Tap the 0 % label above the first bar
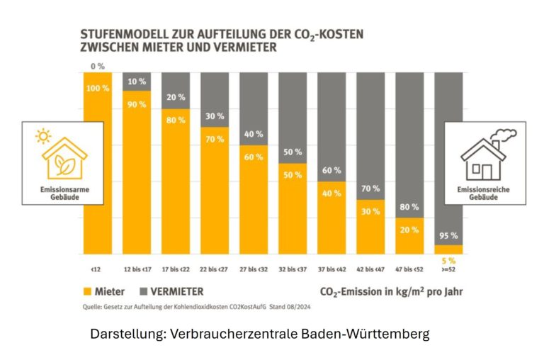98,67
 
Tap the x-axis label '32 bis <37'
292,269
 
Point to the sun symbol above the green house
45,135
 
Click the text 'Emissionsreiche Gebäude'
483,193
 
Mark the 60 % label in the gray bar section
331,171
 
